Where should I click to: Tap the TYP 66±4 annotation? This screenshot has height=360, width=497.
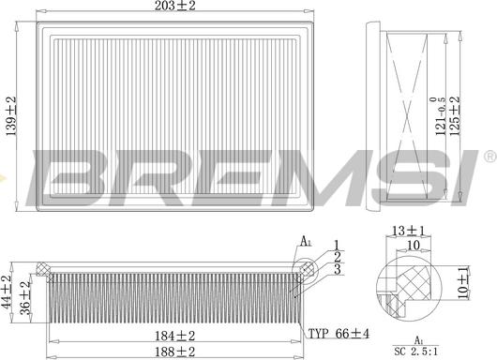click(339, 334)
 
